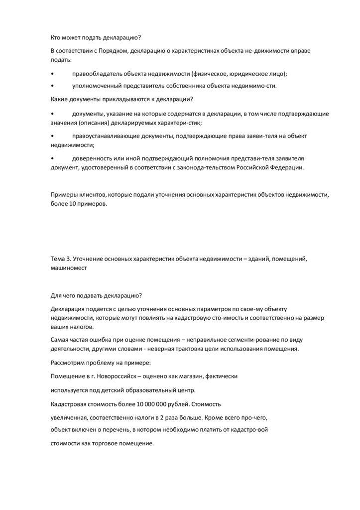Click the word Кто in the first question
(56, 37)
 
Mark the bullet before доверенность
(53, 158)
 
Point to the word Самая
(61, 339)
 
